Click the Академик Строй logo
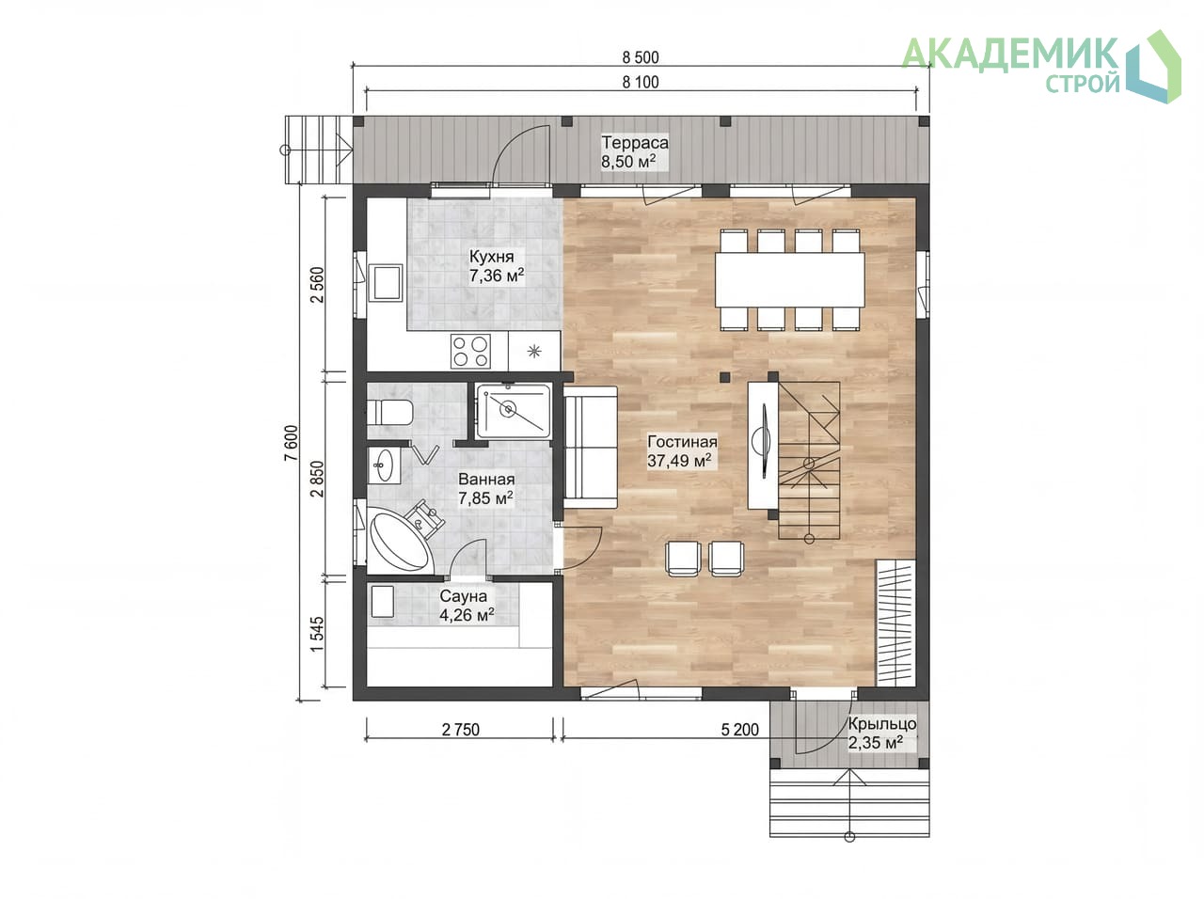(1040, 67)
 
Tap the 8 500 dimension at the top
(641, 57)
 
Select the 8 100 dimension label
(641, 82)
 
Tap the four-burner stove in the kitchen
(470, 351)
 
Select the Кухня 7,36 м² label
(497, 266)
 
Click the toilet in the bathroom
(389, 412)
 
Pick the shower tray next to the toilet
(513, 411)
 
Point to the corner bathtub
(399, 537)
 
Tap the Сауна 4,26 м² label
(467, 606)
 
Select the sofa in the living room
(590, 448)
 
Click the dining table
(789, 279)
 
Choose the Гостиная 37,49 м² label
(682, 451)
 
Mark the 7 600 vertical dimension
(292, 443)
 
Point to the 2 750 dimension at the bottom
(460, 730)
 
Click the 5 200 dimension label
(739, 730)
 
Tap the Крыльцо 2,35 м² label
(881, 733)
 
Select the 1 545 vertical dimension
(317, 634)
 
